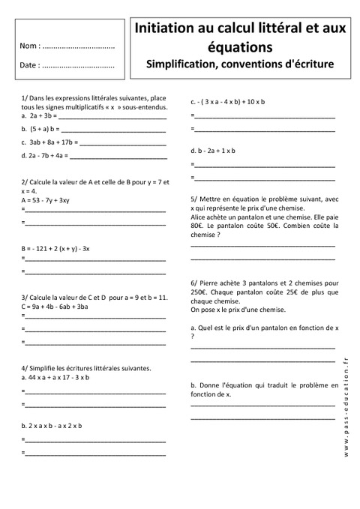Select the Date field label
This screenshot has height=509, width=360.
click(31, 65)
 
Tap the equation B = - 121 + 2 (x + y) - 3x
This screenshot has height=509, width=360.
click(56, 248)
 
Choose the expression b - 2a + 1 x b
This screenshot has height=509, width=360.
click(217, 150)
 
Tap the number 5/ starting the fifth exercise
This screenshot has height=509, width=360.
click(194, 199)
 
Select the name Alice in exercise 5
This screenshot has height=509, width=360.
click(200, 216)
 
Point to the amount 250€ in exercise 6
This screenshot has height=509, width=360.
click(199, 292)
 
